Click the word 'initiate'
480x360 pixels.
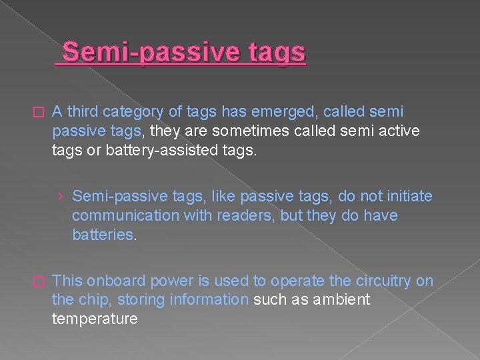[x=409, y=196]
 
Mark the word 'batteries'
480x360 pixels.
[x=103, y=235]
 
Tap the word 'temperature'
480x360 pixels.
[x=95, y=319]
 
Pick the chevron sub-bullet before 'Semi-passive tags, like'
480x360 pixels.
[x=61, y=197]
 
